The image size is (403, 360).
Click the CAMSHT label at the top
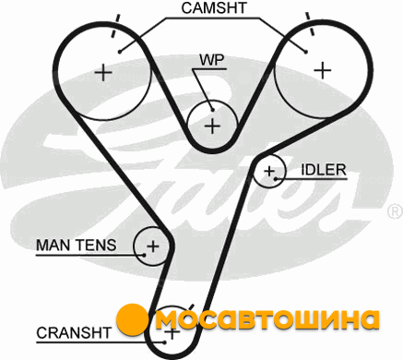point(214,7)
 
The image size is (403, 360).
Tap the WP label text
point(212,60)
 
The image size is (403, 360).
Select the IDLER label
point(324,170)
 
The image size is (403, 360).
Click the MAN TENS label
point(77,246)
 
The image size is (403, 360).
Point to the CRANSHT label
point(74,333)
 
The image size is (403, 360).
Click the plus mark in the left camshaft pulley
point(103,73)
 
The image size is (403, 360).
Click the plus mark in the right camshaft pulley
point(323,70)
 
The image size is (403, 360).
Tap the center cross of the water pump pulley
point(212,126)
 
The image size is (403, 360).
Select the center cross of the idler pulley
point(269,171)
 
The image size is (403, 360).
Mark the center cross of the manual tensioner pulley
point(153,246)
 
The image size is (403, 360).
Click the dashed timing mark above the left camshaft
point(115,26)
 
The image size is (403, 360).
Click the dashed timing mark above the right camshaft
point(310,24)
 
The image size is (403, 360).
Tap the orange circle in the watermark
point(133,319)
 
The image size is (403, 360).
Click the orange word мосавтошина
point(267,319)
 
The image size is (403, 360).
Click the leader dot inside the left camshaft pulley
point(120,52)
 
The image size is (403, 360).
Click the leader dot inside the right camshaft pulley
point(305,52)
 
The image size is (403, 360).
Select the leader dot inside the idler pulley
point(276,179)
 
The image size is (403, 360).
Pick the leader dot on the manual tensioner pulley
point(144,255)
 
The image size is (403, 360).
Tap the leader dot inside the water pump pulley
point(212,110)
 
